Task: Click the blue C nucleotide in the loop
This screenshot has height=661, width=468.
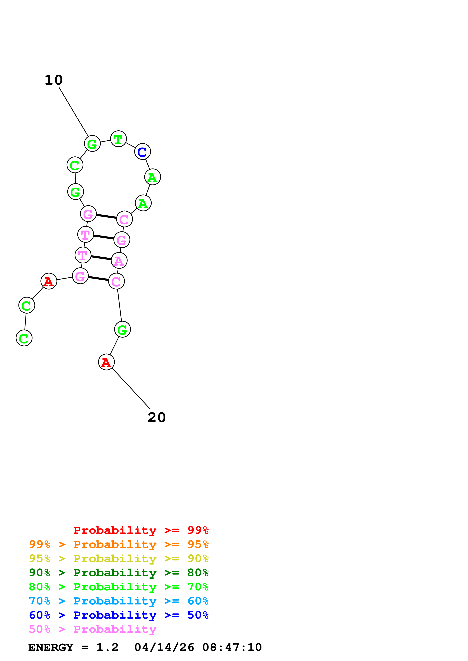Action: (x=143, y=151)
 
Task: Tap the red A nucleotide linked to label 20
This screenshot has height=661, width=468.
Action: (x=106, y=362)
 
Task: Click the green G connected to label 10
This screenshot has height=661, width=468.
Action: (x=92, y=143)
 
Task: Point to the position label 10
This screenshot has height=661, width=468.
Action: (x=54, y=80)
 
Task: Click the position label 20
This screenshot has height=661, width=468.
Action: (x=157, y=417)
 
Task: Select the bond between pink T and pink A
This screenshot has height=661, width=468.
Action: (x=101, y=258)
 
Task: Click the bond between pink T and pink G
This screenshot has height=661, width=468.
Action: (x=104, y=237)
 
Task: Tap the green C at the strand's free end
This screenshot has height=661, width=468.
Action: (x=24, y=338)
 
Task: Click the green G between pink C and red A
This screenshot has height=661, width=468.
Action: (x=123, y=329)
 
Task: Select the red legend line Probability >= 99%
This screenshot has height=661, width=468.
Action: (x=141, y=530)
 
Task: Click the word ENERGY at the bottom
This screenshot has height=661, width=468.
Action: (x=51, y=647)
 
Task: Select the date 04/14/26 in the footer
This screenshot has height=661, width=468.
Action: (x=164, y=647)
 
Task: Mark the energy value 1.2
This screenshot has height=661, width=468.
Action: (x=107, y=647)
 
